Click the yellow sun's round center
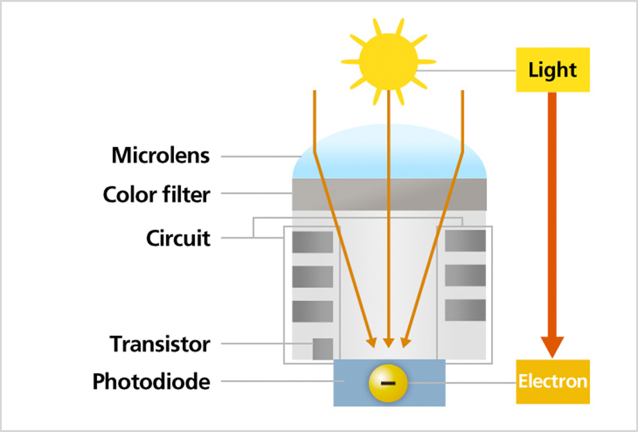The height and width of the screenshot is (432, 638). (388, 62)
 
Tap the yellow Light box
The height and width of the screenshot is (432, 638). (553, 69)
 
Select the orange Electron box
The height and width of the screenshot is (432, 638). (553, 381)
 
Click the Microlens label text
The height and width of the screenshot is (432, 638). (161, 155)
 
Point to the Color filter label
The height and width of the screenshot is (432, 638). (156, 194)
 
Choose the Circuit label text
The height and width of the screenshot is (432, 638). (178, 238)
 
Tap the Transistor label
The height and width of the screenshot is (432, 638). (160, 344)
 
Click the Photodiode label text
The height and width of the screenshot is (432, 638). (151, 381)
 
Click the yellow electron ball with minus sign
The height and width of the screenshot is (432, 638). (388, 383)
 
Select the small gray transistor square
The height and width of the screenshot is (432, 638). (322, 349)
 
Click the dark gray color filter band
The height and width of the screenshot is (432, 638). (390, 194)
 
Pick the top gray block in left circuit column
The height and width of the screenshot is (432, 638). (313, 243)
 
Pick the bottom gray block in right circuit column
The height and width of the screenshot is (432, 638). (465, 311)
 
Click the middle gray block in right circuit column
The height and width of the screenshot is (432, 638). (465, 275)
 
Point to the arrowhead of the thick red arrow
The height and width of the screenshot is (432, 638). (552, 347)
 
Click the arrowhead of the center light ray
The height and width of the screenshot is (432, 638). (388, 343)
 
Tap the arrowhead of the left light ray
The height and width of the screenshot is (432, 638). (372, 343)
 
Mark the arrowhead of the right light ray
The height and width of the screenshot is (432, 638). (406, 343)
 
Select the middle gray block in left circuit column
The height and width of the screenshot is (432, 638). (313, 277)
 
